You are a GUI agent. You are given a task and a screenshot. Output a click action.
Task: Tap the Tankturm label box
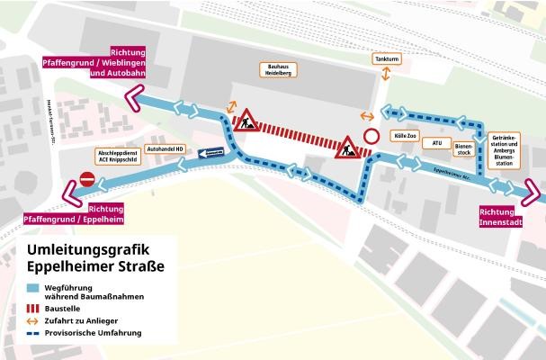pos(385,58)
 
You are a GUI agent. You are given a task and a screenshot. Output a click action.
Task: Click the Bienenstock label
pos(464,148)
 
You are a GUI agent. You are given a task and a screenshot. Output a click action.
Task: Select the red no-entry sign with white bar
pos(87,180)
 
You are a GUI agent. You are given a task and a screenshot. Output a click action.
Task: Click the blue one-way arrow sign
pos(210,153)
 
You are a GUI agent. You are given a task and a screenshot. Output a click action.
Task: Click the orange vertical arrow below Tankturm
pos(385,76)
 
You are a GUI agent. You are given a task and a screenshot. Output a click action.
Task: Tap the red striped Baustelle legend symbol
pos(33,307)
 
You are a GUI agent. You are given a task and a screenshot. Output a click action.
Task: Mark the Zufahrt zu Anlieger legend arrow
pos(33,320)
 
